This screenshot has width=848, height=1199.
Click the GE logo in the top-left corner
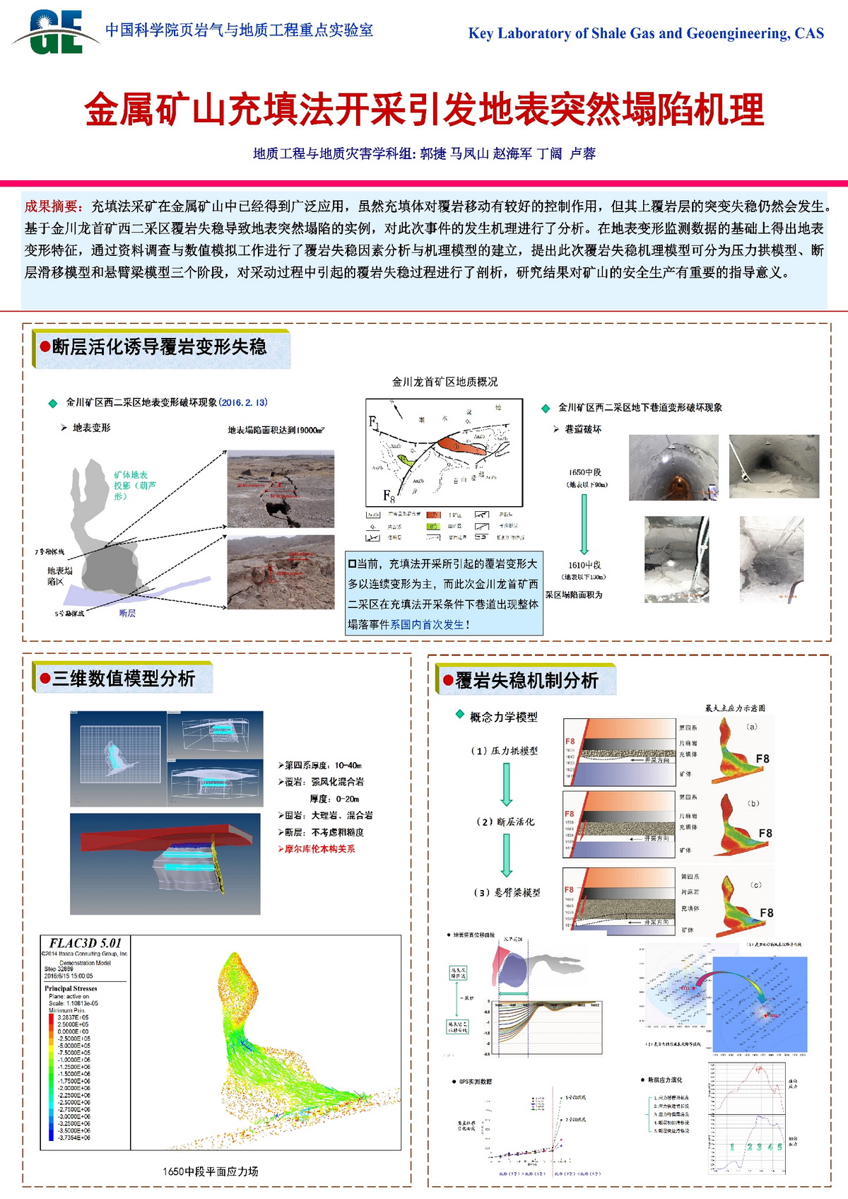click(x=57, y=33)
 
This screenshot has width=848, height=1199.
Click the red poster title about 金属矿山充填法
click(x=424, y=110)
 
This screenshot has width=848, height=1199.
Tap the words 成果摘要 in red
click(x=54, y=206)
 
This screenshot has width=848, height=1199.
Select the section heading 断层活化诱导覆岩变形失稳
click(x=159, y=347)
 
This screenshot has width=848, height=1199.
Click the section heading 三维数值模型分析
click(x=124, y=679)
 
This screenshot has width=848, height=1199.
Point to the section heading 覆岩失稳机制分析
click(x=526, y=681)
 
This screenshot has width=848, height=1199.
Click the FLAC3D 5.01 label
click(x=86, y=943)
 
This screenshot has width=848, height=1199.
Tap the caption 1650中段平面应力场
click(x=211, y=1171)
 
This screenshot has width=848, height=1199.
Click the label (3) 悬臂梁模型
click(x=507, y=893)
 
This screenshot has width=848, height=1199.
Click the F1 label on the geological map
click(x=374, y=422)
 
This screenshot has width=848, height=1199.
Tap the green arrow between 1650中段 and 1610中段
click(x=584, y=524)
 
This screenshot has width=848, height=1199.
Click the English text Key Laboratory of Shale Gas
click(x=646, y=33)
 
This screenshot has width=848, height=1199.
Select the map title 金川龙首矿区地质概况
click(x=444, y=382)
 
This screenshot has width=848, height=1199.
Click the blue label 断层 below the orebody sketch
click(x=127, y=614)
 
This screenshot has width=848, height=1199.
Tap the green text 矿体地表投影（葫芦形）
click(x=134, y=486)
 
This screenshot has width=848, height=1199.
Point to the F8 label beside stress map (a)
click(x=762, y=759)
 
